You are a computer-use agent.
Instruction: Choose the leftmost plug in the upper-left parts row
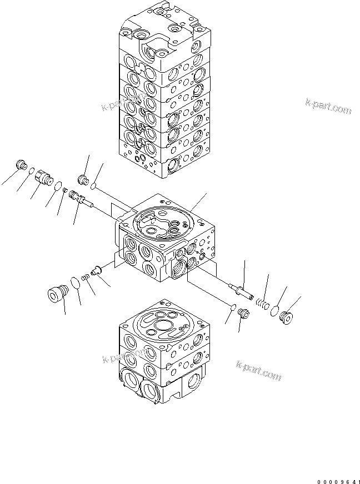(x=22, y=165)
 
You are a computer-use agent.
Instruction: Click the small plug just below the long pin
(x=243, y=314)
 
